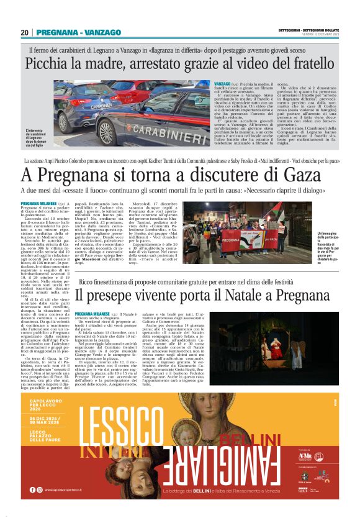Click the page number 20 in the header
click(x=24, y=32)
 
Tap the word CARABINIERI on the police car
click(x=163, y=132)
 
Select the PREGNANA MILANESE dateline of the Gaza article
click(x=38, y=204)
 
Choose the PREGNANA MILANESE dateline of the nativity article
click(x=93, y=315)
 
